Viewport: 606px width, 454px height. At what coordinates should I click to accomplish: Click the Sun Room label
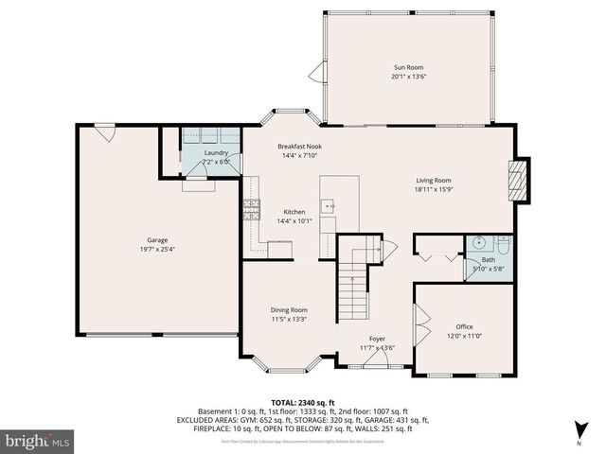click(x=409, y=67)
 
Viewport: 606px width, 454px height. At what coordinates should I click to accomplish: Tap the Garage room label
click(x=157, y=241)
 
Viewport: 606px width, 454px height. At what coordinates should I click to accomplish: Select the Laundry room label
click(x=216, y=152)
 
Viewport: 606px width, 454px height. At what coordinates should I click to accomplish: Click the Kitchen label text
click(x=294, y=212)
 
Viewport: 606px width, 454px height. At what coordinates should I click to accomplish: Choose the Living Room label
click(x=435, y=180)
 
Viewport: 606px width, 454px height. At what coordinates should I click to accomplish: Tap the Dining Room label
click(x=289, y=309)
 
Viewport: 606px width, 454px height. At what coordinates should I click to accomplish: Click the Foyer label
click(x=377, y=338)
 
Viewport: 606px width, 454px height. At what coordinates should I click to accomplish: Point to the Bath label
click(x=488, y=260)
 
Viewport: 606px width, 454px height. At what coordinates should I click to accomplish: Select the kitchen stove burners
click(x=252, y=209)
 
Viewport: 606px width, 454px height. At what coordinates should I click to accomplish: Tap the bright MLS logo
click(x=38, y=441)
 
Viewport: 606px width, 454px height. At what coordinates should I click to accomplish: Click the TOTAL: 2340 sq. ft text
click(x=303, y=402)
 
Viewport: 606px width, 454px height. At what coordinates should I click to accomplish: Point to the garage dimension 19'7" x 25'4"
click(x=157, y=251)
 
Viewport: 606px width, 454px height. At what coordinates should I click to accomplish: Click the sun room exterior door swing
click(x=317, y=73)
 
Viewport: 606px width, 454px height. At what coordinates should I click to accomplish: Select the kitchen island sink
click(x=329, y=203)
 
